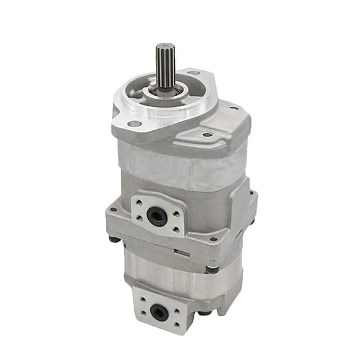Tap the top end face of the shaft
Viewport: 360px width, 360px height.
click(x=166, y=46)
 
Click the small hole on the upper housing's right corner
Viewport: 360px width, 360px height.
click(x=233, y=106)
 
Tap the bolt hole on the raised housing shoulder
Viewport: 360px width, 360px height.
click(x=207, y=135)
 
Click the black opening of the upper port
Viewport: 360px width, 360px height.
click(x=154, y=215)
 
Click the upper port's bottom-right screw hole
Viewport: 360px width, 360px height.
click(x=174, y=230)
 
